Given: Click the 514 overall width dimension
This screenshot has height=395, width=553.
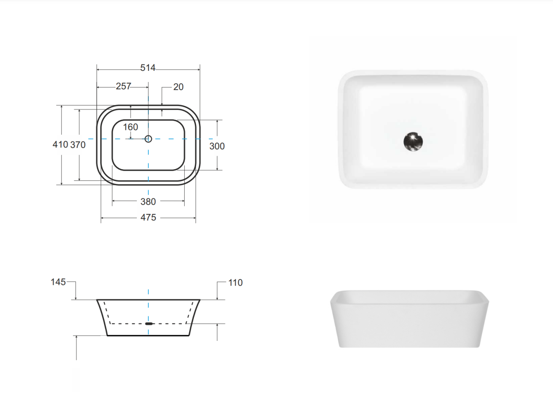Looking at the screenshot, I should pos(148,68).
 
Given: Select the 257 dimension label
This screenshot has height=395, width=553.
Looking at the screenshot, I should pos(123,86).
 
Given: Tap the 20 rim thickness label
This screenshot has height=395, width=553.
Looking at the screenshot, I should pos(178,87).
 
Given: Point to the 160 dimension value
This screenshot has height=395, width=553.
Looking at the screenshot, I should pos(131,127).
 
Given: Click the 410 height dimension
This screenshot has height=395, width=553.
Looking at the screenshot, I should pos(60,145).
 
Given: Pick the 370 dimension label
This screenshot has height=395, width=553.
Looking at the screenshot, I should pos(78,145).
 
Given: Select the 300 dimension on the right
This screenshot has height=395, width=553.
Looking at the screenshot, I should pos(217,146).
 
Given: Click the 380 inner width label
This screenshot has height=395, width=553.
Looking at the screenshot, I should pos(148,202).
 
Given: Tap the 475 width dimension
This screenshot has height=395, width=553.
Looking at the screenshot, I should pos(148,218).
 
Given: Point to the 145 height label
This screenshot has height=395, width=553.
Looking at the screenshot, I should pos(58,282).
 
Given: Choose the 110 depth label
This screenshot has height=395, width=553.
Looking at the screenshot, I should pos(235,283).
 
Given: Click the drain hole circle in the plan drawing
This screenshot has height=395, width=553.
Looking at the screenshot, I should pos(148,139).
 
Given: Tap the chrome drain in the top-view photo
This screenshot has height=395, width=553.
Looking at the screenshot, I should pos(413,142).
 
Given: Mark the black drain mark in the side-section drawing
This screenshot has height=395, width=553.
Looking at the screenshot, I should pos(149,324).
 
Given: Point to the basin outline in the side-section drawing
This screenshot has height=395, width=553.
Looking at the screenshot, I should pos(102,318).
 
